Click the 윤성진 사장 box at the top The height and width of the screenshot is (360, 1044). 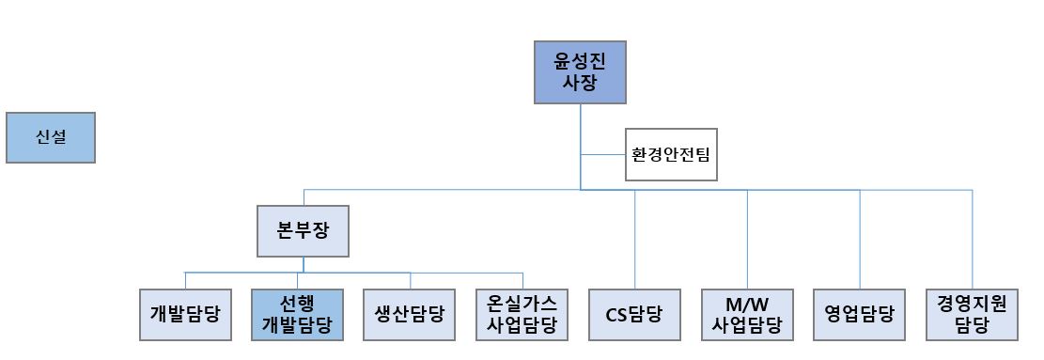coord(579,72)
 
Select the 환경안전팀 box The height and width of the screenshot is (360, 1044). coord(671,154)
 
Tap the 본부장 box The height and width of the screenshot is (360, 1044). coord(303,231)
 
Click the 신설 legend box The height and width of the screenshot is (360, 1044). coord(51,138)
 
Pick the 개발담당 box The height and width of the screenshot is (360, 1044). coord(184,314)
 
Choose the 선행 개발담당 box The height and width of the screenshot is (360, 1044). coord(297,314)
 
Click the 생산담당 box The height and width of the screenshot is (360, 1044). coord(409,314)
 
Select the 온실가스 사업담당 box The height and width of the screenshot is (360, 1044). coord(522,314)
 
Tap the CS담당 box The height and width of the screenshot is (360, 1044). coord(634,314)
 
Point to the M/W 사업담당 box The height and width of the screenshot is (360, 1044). coord(747,314)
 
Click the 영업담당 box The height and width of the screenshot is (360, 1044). coord(859,314)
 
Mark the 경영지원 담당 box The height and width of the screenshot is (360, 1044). coord(972,314)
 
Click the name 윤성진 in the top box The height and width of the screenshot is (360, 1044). coord(579,61)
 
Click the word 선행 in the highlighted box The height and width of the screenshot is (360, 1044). coord(297,304)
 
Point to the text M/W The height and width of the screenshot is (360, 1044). coord(747,304)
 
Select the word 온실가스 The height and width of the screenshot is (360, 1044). coord(522,304)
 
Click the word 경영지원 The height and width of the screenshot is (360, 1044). coord(972,304)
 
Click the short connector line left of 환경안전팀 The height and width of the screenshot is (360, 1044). coord(603,154)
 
